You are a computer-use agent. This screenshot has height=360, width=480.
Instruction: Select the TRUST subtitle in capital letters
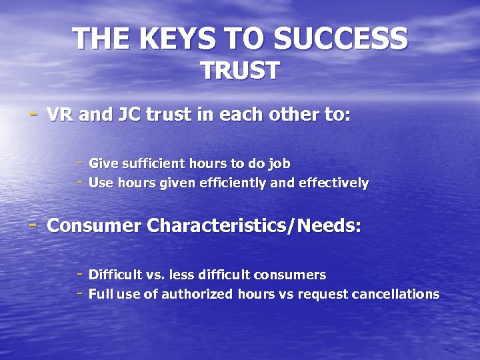[240, 71]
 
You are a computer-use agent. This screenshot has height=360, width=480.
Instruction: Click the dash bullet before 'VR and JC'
[33, 113]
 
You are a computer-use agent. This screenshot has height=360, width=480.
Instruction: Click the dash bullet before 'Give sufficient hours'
[79, 162]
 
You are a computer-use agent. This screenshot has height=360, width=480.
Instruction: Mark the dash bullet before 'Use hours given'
[79, 181]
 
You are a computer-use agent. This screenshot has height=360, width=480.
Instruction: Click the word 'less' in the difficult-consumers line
[181, 275]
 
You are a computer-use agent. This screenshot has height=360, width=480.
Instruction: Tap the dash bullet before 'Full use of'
[79, 293]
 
